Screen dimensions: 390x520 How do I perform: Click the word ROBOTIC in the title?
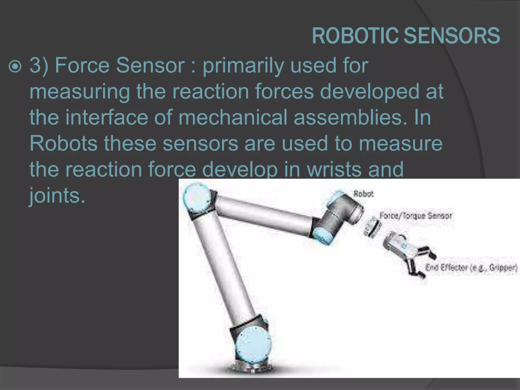355,36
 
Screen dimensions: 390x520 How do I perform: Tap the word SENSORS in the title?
452,36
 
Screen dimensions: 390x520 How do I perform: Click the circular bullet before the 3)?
15,67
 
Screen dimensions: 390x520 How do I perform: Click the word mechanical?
233,117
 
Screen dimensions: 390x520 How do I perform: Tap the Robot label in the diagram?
363,194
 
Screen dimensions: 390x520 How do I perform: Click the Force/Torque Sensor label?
415,216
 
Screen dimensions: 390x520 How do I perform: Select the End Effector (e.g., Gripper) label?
471,268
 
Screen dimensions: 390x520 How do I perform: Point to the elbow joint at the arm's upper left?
197,198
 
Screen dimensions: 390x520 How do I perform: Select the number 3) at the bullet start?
39,66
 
